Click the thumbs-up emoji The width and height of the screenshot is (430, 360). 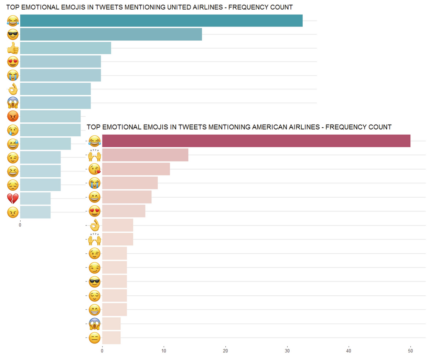13,48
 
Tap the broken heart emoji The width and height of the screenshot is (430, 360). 13,199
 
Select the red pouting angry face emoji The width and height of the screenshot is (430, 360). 13,116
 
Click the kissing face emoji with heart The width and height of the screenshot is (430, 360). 95,169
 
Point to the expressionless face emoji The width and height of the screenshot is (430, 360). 95,338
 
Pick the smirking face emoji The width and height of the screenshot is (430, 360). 95,267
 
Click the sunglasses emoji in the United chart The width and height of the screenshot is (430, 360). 13,34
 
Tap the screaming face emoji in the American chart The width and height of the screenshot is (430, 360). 95,324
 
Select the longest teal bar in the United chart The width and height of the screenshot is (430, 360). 161,21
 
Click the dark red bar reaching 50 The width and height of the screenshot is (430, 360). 256,141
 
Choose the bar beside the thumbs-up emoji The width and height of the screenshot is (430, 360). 65,48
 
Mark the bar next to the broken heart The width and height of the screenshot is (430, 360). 35,199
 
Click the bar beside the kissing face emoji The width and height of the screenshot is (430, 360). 136,169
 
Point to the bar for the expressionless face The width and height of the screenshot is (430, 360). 111,338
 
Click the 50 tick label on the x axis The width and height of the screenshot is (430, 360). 410,351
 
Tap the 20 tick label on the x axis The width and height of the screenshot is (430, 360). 225,351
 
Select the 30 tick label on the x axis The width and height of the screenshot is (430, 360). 287,351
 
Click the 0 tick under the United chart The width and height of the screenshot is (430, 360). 20,225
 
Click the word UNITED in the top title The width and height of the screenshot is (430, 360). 179,7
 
